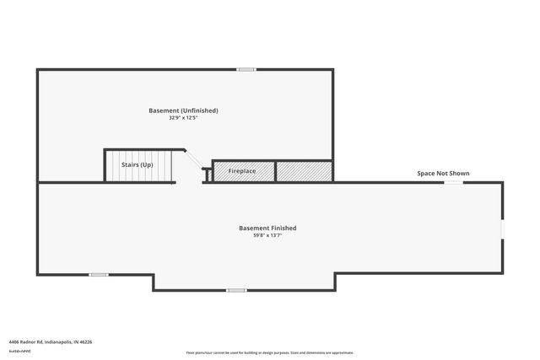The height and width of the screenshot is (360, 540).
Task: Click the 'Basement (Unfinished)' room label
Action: [x=183, y=110]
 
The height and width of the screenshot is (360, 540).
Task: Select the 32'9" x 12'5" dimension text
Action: [x=183, y=118]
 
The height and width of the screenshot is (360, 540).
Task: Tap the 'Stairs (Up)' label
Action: [x=137, y=165]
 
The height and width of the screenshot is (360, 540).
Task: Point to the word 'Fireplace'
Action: [x=242, y=171]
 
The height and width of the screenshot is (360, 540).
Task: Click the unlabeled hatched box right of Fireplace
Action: [x=303, y=171]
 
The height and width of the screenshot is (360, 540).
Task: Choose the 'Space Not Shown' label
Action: [x=443, y=174]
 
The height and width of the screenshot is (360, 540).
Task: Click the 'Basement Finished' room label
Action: [x=267, y=228]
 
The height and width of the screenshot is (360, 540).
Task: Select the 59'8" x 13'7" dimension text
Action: [x=267, y=235]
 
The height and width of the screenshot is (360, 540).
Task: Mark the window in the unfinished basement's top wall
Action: [x=246, y=69]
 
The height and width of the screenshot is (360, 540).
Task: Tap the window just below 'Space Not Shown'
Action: [x=453, y=182]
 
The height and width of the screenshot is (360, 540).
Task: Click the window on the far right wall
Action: [x=503, y=229]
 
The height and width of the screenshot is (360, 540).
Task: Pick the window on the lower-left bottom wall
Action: [x=99, y=274]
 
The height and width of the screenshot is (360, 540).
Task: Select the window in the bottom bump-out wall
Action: [x=236, y=291]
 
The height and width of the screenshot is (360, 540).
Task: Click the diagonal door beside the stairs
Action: [x=192, y=159]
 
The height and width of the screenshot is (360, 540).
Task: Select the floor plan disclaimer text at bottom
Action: [x=269, y=352]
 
